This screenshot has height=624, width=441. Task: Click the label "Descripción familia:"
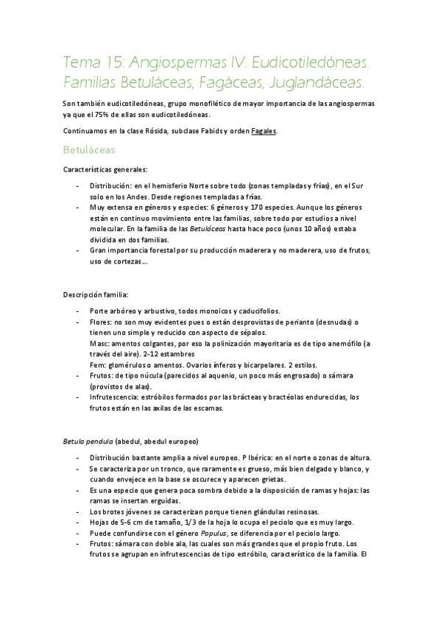[96, 295]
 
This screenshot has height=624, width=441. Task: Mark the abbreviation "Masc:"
[99, 343]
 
